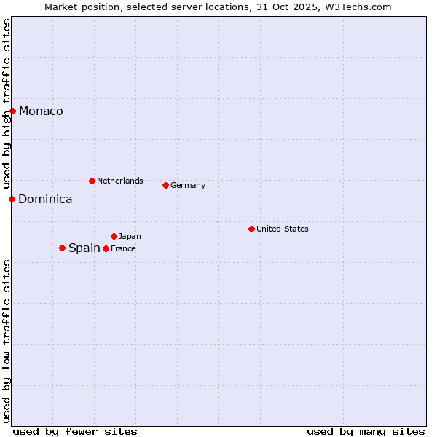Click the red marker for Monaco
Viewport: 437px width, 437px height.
[13, 111]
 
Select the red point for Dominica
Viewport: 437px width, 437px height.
[12, 199]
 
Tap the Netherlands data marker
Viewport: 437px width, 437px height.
[92, 181]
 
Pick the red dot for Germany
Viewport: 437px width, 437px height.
[165, 185]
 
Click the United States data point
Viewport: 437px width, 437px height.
[251, 229]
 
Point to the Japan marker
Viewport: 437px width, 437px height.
[114, 236]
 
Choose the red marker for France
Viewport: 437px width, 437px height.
[106, 248]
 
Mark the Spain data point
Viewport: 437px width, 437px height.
[62, 248]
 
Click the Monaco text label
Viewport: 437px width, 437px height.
[41, 111]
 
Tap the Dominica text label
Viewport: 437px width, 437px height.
[45, 200]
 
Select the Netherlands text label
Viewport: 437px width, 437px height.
[120, 181]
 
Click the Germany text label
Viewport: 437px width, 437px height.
[188, 185]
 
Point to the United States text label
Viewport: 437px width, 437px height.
[283, 229]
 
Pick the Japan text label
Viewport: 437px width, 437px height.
[130, 236]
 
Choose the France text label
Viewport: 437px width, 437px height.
[123, 248]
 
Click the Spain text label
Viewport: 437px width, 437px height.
[84, 248]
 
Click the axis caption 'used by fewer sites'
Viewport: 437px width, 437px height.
[75, 431]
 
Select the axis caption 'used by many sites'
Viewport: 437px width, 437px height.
[366, 431]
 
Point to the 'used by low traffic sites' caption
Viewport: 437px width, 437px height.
[7, 341]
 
